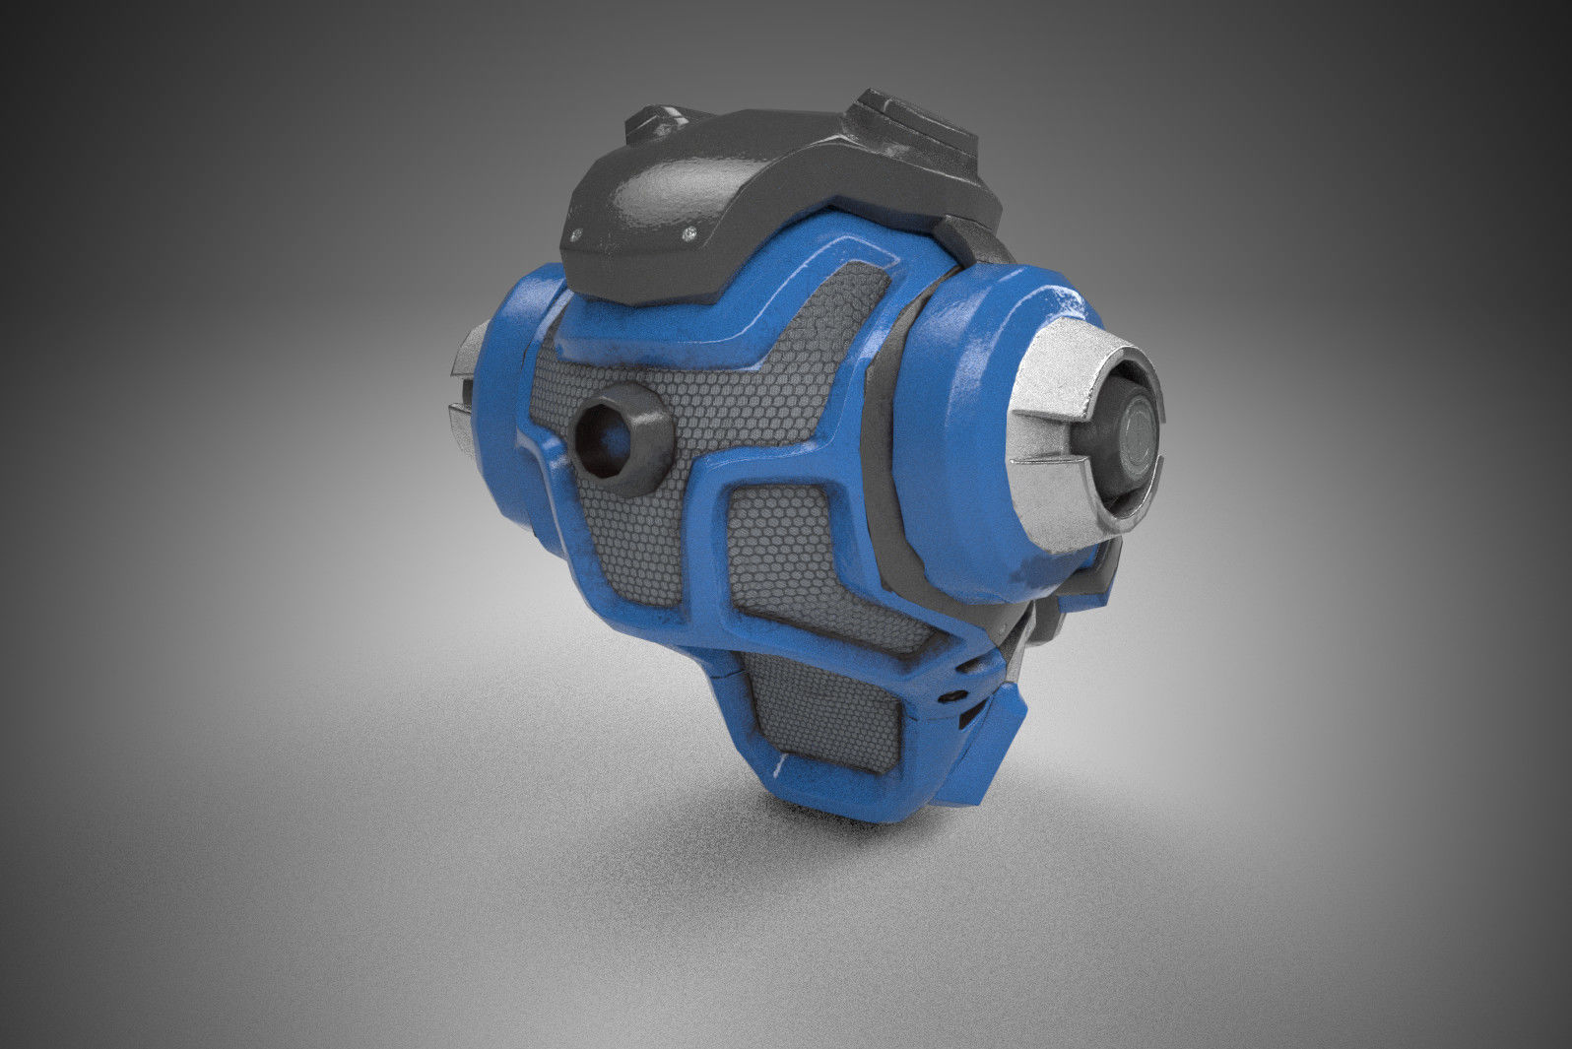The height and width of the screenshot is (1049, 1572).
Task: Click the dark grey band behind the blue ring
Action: click(x=891, y=433)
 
